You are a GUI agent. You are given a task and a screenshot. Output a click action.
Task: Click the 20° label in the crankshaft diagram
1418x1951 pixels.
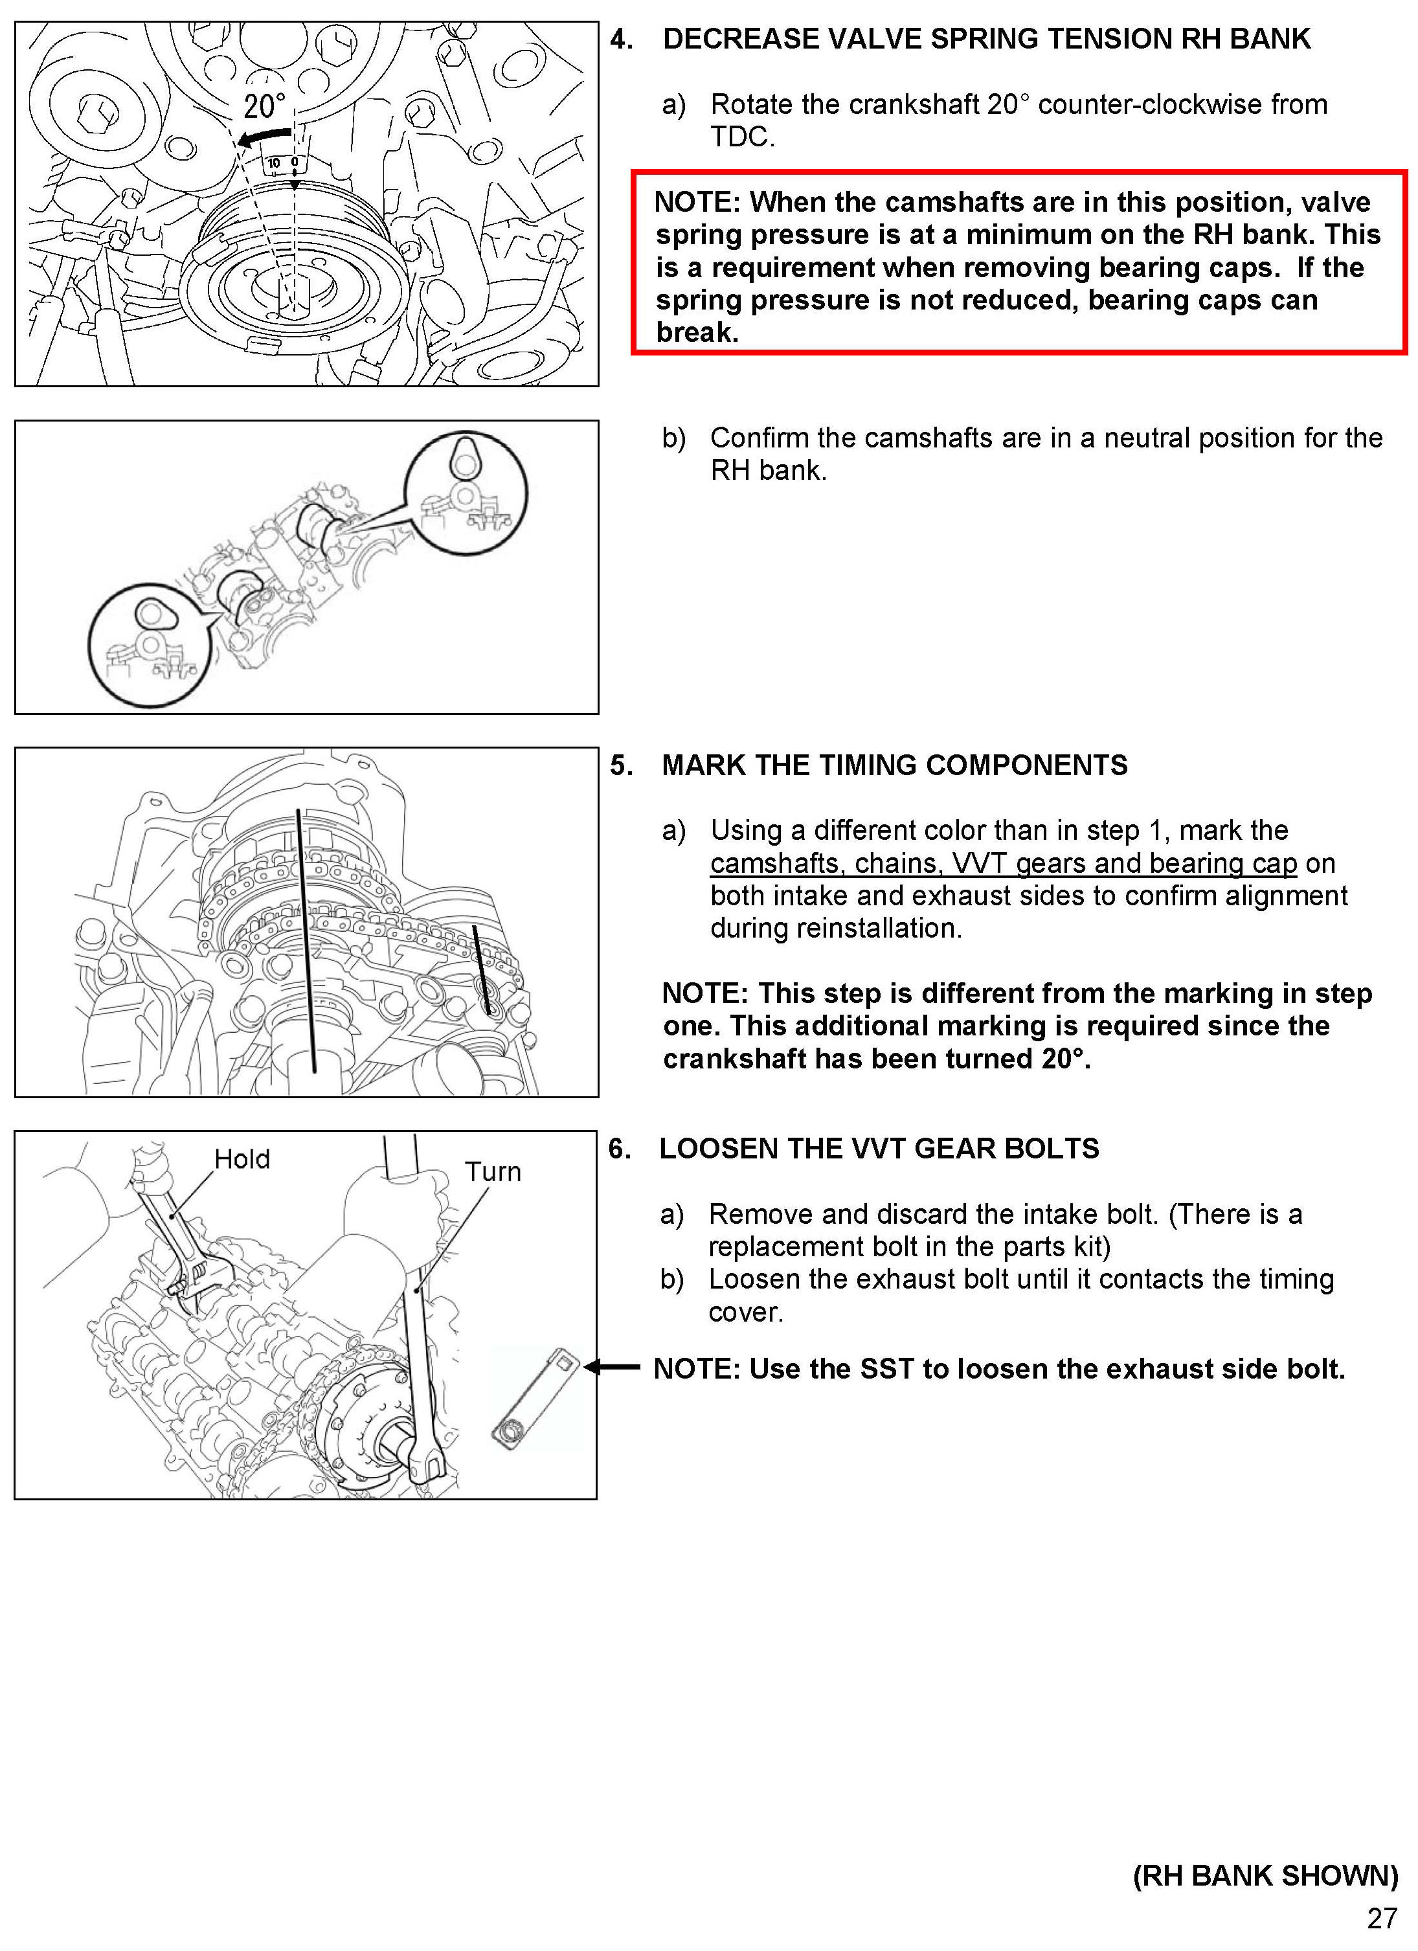264,107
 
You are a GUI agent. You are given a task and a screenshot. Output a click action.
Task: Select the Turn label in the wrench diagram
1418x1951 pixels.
493,1171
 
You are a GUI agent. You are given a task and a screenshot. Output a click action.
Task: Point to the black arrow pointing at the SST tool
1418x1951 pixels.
612,1367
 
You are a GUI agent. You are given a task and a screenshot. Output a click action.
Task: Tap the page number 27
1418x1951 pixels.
1382,1919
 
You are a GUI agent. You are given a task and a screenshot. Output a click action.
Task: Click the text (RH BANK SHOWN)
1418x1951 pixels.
1265,1875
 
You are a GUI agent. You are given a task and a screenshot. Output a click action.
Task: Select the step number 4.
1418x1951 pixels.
621,39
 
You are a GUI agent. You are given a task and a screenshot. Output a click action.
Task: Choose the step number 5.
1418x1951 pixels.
621,765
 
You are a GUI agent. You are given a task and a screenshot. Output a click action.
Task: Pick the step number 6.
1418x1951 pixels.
620,1149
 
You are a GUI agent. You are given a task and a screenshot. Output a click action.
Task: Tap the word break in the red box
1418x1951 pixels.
697,333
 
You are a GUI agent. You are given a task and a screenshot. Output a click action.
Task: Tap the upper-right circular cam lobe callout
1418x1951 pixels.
466,493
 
